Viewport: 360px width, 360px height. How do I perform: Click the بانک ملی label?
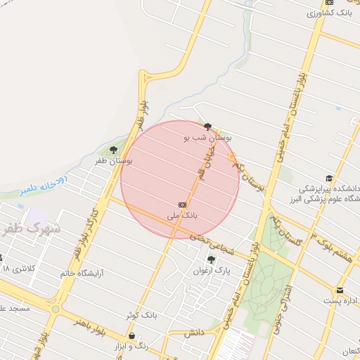(182, 214)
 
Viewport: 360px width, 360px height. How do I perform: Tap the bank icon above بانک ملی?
(183, 204)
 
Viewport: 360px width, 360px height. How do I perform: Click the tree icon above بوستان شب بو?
(208, 128)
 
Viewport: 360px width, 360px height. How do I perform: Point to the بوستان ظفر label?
(114, 161)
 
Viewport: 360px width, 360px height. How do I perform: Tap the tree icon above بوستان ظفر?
(114, 150)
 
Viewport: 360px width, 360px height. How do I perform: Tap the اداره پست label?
(340, 301)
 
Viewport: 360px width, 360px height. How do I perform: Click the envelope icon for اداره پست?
(340, 290)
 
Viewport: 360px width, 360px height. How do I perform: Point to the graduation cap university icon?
(328, 179)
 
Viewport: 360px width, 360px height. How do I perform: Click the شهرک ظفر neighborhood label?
(32, 229)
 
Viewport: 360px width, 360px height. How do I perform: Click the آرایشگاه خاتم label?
(82, 273)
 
